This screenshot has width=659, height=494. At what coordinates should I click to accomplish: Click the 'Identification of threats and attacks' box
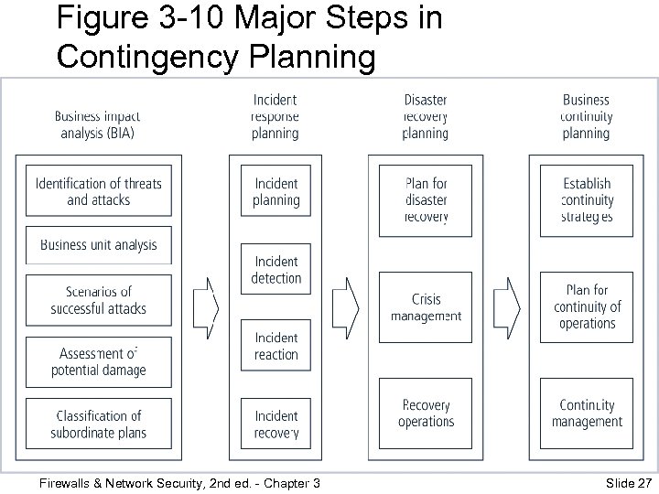pyautogui.click(x=98, y=191)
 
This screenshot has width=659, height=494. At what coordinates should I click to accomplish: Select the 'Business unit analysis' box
pyautogui.click(x=98, y=244)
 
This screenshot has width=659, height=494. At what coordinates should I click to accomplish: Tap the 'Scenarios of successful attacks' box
pyautogui.click(x=98, y=300)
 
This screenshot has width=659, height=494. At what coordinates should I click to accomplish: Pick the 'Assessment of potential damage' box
pyautogui.click(x=98, y=362)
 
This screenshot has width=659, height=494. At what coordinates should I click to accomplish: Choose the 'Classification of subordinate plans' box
pyautogui.click(x=98, y=424)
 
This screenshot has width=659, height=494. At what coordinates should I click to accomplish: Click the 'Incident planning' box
pyautogui.click(x=275, y=191)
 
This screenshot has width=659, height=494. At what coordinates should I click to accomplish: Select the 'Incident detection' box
pyautogui.click(x=275, y=270)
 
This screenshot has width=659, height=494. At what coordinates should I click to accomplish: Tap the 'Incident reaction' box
pyautogui.click(x=275, y=346)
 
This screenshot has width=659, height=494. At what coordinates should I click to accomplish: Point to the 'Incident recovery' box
pyautogui.click(x=275, y=424)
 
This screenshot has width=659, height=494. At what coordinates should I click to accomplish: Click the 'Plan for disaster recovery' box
pyautogui.click(x=426, y=199)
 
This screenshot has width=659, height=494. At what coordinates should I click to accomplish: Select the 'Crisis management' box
pyautogui.click(x=426, y=307)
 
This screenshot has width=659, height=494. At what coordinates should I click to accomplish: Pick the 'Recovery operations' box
pyautogui.click(x=426, y=413)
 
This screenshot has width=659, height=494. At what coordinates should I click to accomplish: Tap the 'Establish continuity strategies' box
pyautogui.click(x=587, y=199)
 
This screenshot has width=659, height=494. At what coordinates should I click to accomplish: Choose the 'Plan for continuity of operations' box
pyautogui.click(x=587, y=307)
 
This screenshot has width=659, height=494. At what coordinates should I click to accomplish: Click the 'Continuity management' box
pyautogui.click(x=587, y=413)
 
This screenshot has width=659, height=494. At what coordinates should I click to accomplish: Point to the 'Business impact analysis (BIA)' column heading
pyautogui.click(x=98, y=124)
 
